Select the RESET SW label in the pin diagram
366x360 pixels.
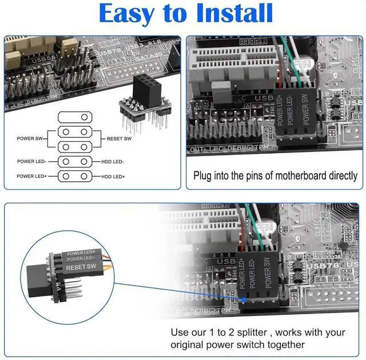click(119, 139)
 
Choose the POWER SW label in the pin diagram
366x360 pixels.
click(29, 139)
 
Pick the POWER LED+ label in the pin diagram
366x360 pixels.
click(31, 177)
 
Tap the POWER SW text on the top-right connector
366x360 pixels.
click(305, 107)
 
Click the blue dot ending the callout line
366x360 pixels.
click(244, 299)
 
